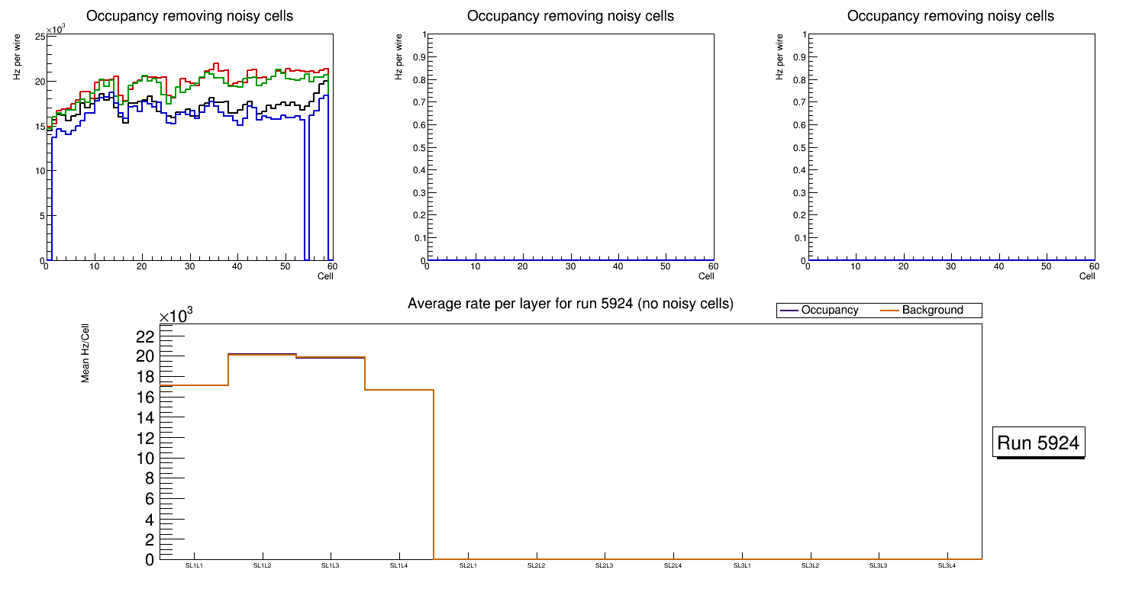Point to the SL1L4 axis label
click(x=399, y=566)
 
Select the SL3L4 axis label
click(x=947, y=566)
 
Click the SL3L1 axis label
click(x=741, y=566)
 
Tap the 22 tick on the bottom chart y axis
click(x=146, y=336)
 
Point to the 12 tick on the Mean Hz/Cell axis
click(x=146, y=438)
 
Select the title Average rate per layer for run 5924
click(x=570, y=304)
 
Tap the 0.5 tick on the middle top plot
click(x=416, y=147)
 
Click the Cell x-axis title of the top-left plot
click(x=325, y=276)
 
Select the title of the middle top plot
click(x=570, y=16)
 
